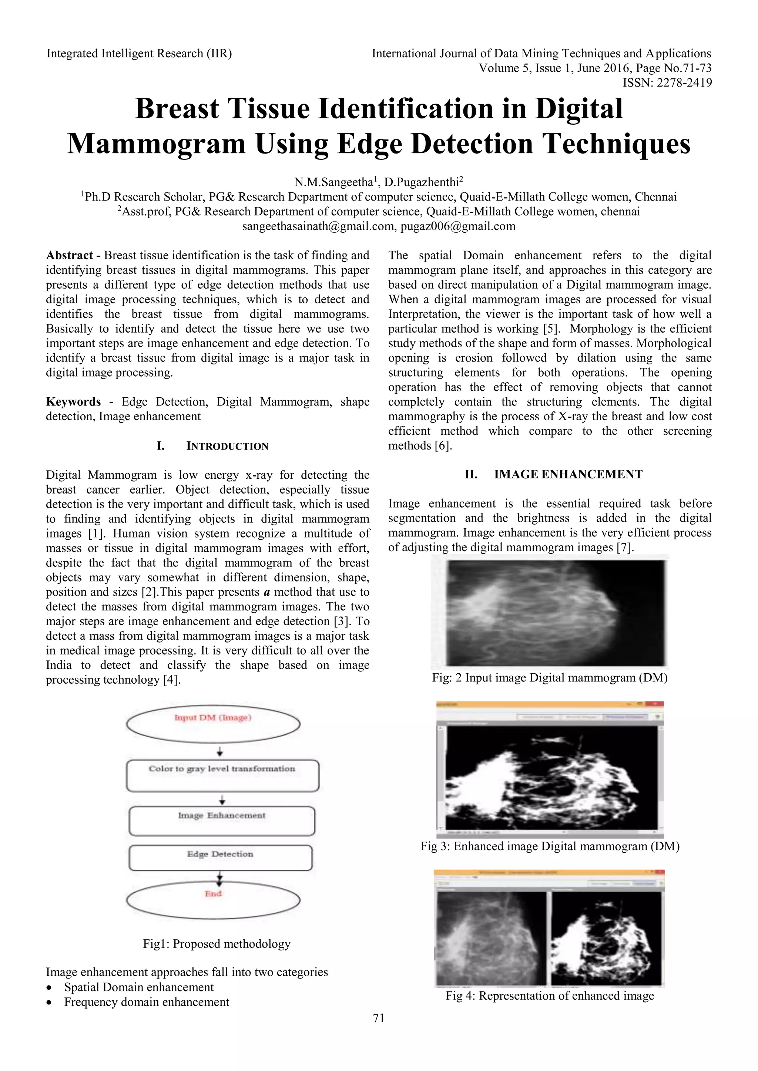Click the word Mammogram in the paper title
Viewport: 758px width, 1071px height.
pyautogui.click(x=156, y=144)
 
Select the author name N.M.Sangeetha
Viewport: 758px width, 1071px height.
pyautogui.click(x=336, y=182)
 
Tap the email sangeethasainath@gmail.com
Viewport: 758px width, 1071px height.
pyautogui.click(x=319, y=226)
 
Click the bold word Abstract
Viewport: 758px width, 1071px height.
pyautogui.click(x=70, y=255)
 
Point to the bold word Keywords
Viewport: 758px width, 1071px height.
pyautogui.click(x=73, y=402)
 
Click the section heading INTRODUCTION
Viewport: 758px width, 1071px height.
pyautogui.click(x=227, y=446)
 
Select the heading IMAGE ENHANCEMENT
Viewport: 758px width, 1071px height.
pyautogui.click(x=568, y=474)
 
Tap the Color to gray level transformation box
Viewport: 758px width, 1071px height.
pyautogui.click(x=222, y=775)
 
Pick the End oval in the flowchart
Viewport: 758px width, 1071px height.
pyautogui.click(x=213, y=900)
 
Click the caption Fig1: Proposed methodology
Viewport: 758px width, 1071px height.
pyautogui.click(x=217, y=944)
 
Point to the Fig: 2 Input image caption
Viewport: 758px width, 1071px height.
pyautogui.click(x=549, y=678)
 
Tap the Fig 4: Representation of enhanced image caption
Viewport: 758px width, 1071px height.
pyautogui.click(x=549, y=996)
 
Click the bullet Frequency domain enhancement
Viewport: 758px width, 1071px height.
pyautogui.click(x=147, y=1002)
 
